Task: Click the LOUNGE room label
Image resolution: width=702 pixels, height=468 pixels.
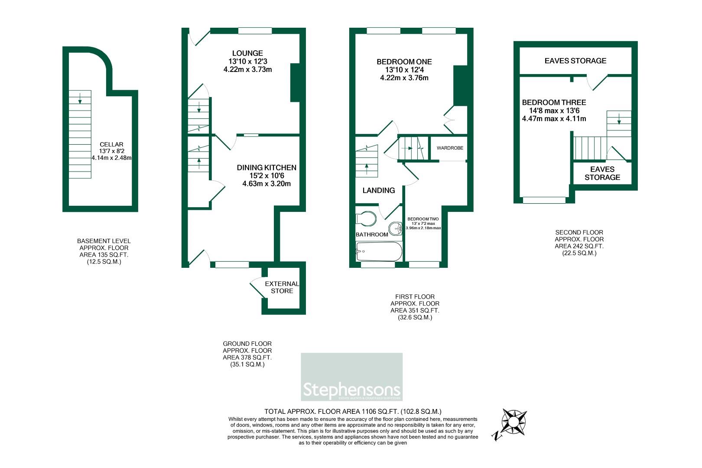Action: click(x=247, y=53)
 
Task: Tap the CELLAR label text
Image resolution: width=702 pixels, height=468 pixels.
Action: click(x=111, y=144)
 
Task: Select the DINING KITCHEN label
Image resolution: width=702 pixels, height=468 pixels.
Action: click(x=266, y=168)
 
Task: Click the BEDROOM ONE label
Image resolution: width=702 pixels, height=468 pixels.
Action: click(x=404, y=62)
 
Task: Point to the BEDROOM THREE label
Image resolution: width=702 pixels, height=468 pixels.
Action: click(x=554, y=102)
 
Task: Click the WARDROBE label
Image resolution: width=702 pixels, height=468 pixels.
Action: click(x=450, y=148)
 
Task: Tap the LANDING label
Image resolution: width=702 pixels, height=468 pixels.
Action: click(x=378, y=190)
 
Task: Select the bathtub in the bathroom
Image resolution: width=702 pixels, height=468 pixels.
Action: click(x=379, y=251)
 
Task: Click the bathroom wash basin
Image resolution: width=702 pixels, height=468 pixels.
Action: click(x=395, y=228)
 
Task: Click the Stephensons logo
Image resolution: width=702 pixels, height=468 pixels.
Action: click(x=351, y=377)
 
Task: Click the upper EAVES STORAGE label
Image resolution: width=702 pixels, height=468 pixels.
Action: click(x=575, y=61)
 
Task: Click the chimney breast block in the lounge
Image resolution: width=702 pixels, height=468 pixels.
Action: click(x=296, y=83)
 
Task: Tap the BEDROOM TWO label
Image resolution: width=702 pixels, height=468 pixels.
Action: click(x=423, y=219)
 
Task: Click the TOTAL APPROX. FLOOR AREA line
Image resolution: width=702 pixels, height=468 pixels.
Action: click(x=353, y=412)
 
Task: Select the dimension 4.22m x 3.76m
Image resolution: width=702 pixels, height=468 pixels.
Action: click(x=404, y=78)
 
